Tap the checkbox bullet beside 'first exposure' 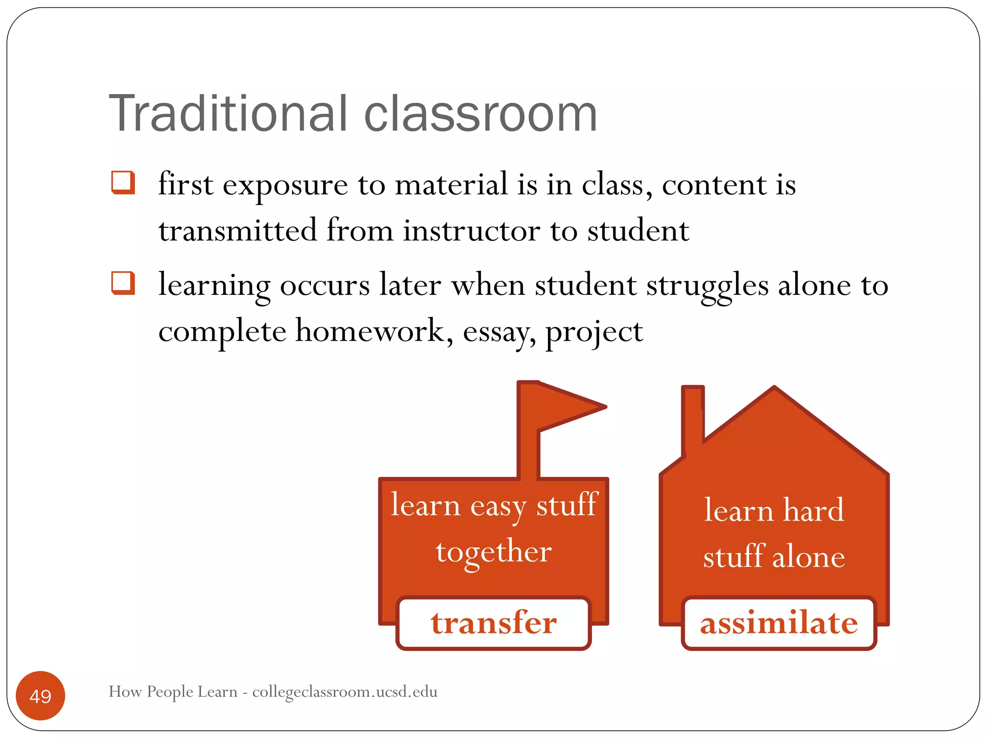(x=122, y=183)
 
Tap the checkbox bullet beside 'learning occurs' (x=122, y=283)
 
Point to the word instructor (x=471, y=231)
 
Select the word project (x=594, y=333)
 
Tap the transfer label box (x=493, y=623)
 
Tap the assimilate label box (x=779, y=623)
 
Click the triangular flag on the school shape (x=569, y=406)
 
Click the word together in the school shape (x=493, y=552)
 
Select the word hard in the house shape (x=814, y=510)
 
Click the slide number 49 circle (x=40, y=696)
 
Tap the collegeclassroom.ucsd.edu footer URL (x=345, y=692)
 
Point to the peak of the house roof (x=774, y=389)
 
